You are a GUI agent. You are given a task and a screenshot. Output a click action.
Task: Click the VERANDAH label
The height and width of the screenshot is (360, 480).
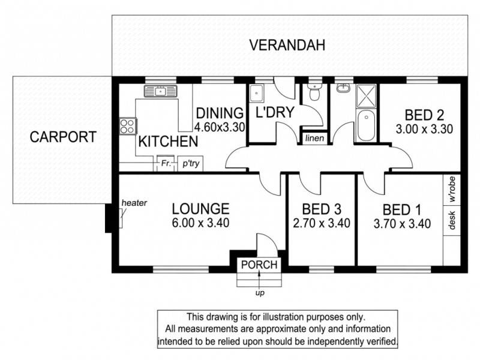click(287, 46)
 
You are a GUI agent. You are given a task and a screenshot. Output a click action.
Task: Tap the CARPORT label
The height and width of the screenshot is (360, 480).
click(63, 137)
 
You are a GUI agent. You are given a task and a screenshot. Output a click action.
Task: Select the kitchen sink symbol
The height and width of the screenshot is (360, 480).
click(161, 91)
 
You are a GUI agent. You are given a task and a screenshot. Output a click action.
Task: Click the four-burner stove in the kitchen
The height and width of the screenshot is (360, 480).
click(127, 126)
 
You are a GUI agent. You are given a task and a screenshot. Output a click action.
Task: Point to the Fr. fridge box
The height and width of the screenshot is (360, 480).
click(166, 164)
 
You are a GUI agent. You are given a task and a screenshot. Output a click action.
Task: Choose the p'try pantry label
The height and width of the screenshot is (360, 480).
click(191, 164)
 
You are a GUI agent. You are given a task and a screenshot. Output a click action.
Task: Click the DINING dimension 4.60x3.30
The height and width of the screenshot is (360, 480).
click(220, 127)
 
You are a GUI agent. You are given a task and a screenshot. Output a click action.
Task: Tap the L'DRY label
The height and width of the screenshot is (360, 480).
click(275, 112)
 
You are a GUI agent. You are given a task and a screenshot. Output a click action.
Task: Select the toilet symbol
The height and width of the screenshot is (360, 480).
click(314, 91)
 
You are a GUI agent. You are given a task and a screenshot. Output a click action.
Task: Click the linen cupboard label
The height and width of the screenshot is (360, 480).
click(314, 139)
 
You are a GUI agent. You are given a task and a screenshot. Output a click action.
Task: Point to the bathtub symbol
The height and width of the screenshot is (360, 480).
click(366, 125)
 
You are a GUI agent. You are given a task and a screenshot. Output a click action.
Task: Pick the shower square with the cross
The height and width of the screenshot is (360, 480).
click(366, 96)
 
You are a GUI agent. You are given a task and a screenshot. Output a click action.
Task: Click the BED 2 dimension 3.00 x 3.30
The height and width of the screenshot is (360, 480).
click(424, 129)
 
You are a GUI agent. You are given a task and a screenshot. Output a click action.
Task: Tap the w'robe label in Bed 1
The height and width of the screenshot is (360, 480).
click(452, 190)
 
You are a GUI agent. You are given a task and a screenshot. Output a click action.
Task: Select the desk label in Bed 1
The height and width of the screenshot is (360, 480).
click(452, 220)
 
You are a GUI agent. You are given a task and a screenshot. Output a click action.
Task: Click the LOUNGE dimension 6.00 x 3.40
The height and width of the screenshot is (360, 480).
click(200, 223)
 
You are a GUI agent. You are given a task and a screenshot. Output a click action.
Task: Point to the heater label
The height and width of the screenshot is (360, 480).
click(134, 203)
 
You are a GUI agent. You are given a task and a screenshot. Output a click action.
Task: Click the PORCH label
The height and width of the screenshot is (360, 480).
click(259, 265)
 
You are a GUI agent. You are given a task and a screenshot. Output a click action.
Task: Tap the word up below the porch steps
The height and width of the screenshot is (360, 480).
click(260, 293)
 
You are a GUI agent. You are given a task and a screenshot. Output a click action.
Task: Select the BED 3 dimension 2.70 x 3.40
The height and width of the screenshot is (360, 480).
click(322, 223)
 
